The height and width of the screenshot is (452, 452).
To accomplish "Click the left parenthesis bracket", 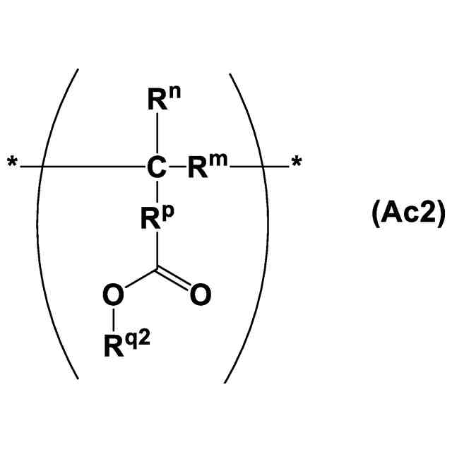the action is pos(56,226).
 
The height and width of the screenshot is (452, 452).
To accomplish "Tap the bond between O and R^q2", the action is pos(111,319).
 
